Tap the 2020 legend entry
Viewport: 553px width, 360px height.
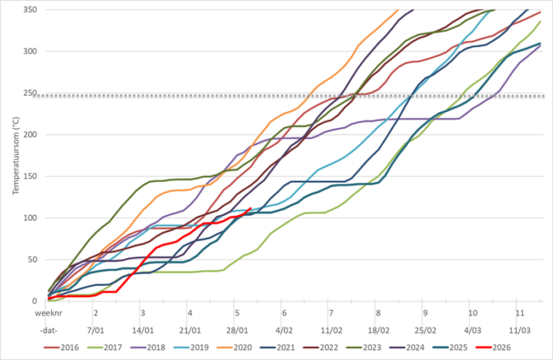pos(242,347)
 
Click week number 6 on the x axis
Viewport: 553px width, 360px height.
pos(284,313)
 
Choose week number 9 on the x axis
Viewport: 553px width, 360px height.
pos(425,313)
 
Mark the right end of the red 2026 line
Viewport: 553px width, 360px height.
pos(251,209)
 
